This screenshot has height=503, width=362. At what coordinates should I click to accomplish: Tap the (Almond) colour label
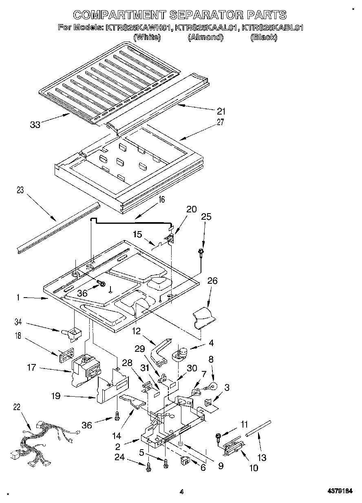pyautogui.click(x=205, y=37)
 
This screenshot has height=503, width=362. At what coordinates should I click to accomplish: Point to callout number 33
pyautogui.click(x=35, y=125)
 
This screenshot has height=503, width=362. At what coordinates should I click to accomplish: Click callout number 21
pyautogui.click(x=221, y=111)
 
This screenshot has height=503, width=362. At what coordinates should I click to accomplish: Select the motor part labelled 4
pyautogui.click(x=180, y=353)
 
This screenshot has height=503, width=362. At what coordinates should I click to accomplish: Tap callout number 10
pyautogui.click(x=254, y=468)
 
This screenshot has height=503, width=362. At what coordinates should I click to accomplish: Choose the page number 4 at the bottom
pyautogui.click(x=182, y=492)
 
